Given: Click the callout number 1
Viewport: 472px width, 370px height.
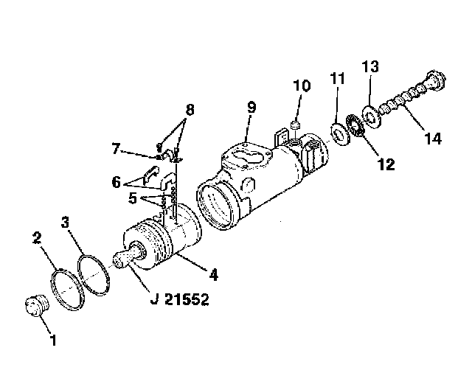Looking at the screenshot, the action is pos(53,340).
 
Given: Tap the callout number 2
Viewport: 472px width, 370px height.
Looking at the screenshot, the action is pos(37,237).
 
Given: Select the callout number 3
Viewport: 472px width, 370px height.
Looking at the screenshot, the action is pos(65,223).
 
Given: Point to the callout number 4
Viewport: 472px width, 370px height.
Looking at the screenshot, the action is pos(213,275).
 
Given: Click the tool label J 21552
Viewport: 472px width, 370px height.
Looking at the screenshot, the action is pos(179,299).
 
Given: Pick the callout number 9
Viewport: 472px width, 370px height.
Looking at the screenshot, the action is pos(251,108).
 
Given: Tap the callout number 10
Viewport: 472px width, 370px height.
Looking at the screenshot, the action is pos(302,85).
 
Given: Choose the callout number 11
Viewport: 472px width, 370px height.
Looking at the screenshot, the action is pos(337,78).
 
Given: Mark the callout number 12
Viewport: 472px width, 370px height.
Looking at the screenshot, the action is pos(386,164).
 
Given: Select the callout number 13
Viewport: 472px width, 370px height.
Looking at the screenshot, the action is pos(370,66).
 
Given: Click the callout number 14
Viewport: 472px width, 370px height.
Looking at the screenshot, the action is pos(433,139).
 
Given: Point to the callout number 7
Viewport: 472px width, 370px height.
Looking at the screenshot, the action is pos(116,149).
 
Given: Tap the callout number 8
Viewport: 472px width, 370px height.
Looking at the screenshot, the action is pos(190,110).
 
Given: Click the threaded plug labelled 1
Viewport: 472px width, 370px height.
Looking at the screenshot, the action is pos(37,306).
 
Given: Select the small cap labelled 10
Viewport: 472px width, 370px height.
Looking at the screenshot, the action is pos(296,125).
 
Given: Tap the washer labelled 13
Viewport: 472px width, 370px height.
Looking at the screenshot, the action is pos(372,116).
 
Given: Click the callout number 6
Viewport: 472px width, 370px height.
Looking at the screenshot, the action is pos(117,182).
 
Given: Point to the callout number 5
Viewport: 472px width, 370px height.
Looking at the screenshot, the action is pos(133,198).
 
